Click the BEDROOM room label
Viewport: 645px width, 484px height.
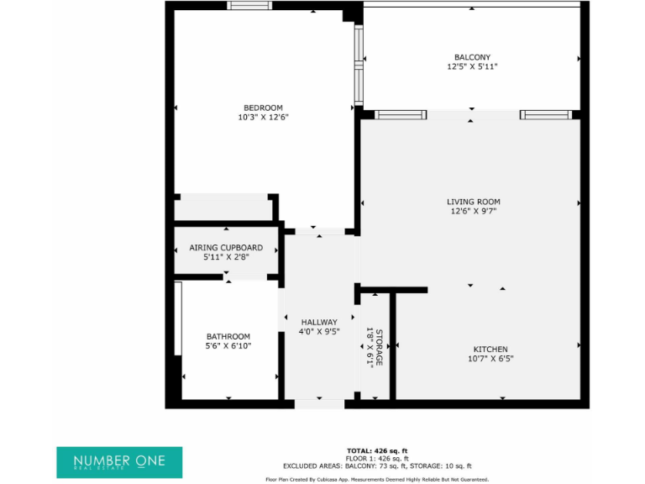263,108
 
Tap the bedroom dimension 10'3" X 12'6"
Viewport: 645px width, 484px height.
263,118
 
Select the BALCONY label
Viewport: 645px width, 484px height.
473,57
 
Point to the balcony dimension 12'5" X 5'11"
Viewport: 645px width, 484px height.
473,67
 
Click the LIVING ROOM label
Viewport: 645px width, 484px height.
473,202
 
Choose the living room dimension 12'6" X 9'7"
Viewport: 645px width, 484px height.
473,212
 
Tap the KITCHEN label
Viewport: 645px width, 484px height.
490,349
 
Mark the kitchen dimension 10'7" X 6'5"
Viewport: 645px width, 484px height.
490,359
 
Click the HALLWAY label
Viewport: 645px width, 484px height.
319,322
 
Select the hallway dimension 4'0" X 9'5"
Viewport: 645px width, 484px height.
319,332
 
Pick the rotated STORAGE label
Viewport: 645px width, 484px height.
379,347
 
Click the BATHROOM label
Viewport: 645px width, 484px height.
228,336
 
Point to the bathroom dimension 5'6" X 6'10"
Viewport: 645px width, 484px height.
228,346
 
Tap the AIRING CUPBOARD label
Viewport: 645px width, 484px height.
226,248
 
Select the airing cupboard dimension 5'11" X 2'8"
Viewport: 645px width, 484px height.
226,258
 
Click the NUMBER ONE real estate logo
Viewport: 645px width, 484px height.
118,461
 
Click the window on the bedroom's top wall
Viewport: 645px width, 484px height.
249,6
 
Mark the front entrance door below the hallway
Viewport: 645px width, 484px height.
319,404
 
